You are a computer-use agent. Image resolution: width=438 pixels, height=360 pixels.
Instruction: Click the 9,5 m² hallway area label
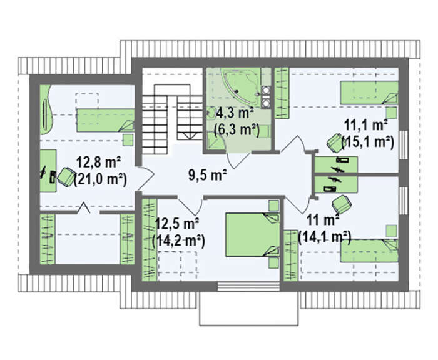(x=208, y=175)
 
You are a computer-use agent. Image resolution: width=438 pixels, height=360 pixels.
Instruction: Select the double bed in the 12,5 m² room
(x=252, y=234)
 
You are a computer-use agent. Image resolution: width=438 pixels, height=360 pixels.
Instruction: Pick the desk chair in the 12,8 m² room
(x=66, y=176)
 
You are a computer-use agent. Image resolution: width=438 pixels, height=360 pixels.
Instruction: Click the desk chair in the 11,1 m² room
(x=335, y=142)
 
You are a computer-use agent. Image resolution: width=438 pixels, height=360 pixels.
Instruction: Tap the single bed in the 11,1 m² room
(x=369, y=92)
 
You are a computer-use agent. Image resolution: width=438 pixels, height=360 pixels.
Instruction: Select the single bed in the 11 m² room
(x=369, y=251)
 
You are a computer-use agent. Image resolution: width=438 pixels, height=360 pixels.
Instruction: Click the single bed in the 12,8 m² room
(x=106, y=120)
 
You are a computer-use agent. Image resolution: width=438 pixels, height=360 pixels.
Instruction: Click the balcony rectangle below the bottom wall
(x=249, y=309)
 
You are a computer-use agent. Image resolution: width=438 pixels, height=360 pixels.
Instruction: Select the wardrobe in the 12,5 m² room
(x=150, y=240)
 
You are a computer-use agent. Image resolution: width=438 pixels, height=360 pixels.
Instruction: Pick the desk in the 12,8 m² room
(x=48, y=171)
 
